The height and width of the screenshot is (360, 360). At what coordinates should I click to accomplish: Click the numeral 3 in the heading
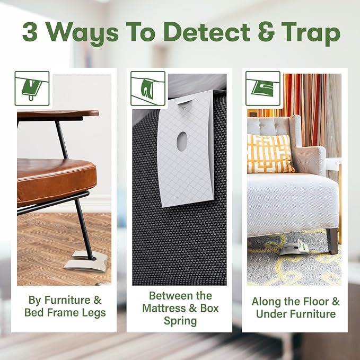pos(30,32)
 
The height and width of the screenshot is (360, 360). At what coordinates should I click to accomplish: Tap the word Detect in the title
pos(207,32)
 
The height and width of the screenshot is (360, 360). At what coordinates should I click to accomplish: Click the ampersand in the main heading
pos(266,32)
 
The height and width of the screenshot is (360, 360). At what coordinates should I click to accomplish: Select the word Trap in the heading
pos(311,34)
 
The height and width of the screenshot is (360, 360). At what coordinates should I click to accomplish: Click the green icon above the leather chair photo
pos(32,89)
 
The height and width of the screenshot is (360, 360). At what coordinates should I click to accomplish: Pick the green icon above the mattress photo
pos(148,89)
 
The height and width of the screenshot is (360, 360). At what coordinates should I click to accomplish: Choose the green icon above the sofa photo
pos(263,89)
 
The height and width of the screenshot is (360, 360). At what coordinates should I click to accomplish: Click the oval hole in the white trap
pos(182,142)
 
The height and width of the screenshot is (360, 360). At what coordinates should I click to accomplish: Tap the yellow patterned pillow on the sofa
pos(270,154)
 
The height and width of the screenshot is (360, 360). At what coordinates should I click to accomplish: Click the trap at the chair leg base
pos(86,262)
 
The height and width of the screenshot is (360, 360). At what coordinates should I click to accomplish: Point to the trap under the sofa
pos(294,249)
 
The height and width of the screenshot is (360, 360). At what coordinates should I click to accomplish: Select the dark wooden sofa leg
pos(332,241)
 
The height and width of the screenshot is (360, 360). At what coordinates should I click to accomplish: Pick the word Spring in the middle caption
pos(180,321)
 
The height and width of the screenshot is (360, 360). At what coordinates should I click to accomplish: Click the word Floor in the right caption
pos(314,302)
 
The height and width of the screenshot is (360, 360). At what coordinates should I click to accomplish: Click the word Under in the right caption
pos(269,314)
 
